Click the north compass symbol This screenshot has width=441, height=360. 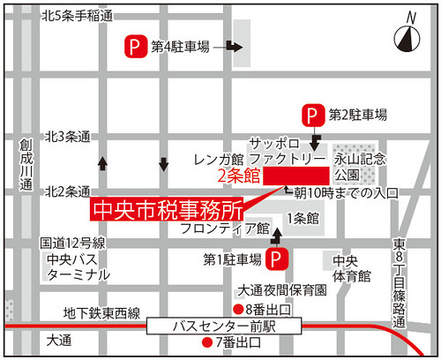(407, 36)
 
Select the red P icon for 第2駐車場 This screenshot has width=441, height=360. (311, 114)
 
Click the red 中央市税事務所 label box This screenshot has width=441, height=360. (167, 211)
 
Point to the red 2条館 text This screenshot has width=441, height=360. (239, 176)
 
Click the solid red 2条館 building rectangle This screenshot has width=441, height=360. (296, 176)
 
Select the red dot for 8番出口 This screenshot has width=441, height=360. (237, 308)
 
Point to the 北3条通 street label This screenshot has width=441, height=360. (68, 137)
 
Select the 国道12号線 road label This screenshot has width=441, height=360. (73, 243)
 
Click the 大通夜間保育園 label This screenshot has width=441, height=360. (283, 289)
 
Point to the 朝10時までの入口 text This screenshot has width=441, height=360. (346, 191)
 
